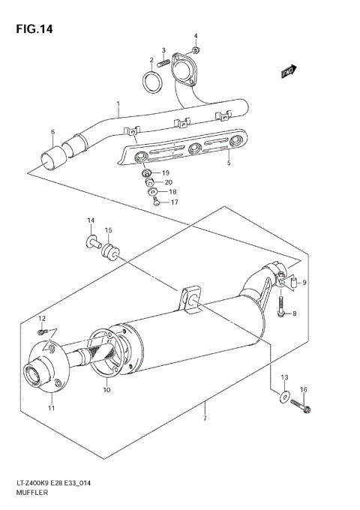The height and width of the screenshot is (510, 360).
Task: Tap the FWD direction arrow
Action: click(288, 71)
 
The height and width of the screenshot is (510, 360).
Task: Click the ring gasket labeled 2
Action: click(152, 81)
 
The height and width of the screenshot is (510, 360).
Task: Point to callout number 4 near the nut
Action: click(196, 36)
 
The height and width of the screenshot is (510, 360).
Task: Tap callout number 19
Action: click(166, 172)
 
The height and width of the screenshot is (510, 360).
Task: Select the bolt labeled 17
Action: click(155, 201)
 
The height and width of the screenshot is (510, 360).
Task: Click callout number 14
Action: click(90, 220)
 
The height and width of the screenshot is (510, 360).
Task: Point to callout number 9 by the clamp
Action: click(304, 283)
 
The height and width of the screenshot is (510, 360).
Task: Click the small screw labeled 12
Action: click(43, 331)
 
